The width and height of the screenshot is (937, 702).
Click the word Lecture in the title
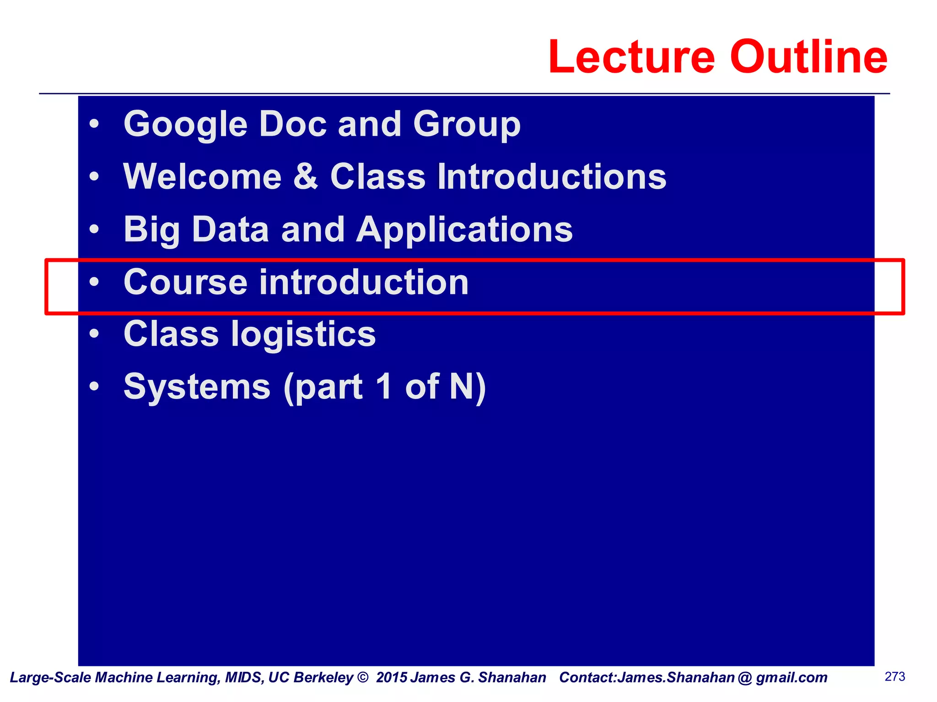[631, 57]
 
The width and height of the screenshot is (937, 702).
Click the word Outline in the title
[808, 57]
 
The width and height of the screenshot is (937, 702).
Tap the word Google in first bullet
[185, 124]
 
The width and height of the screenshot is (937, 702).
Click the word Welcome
[202, 177]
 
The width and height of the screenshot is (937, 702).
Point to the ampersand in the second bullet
[306, 177]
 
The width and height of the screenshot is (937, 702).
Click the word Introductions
[551, 177]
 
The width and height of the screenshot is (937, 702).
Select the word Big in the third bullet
[151, 230]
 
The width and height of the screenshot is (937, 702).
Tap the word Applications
[464, 230]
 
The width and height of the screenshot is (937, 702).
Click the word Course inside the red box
[185, 282]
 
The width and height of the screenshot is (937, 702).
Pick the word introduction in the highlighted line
[364, 282]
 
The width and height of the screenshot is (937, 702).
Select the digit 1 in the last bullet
[383, 387]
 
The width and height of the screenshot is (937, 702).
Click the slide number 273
[894, 677]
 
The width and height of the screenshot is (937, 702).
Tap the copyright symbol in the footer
[362, 677]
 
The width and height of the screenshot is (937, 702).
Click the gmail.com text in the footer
[792, 678]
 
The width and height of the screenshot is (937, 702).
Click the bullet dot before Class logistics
[94, 334]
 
